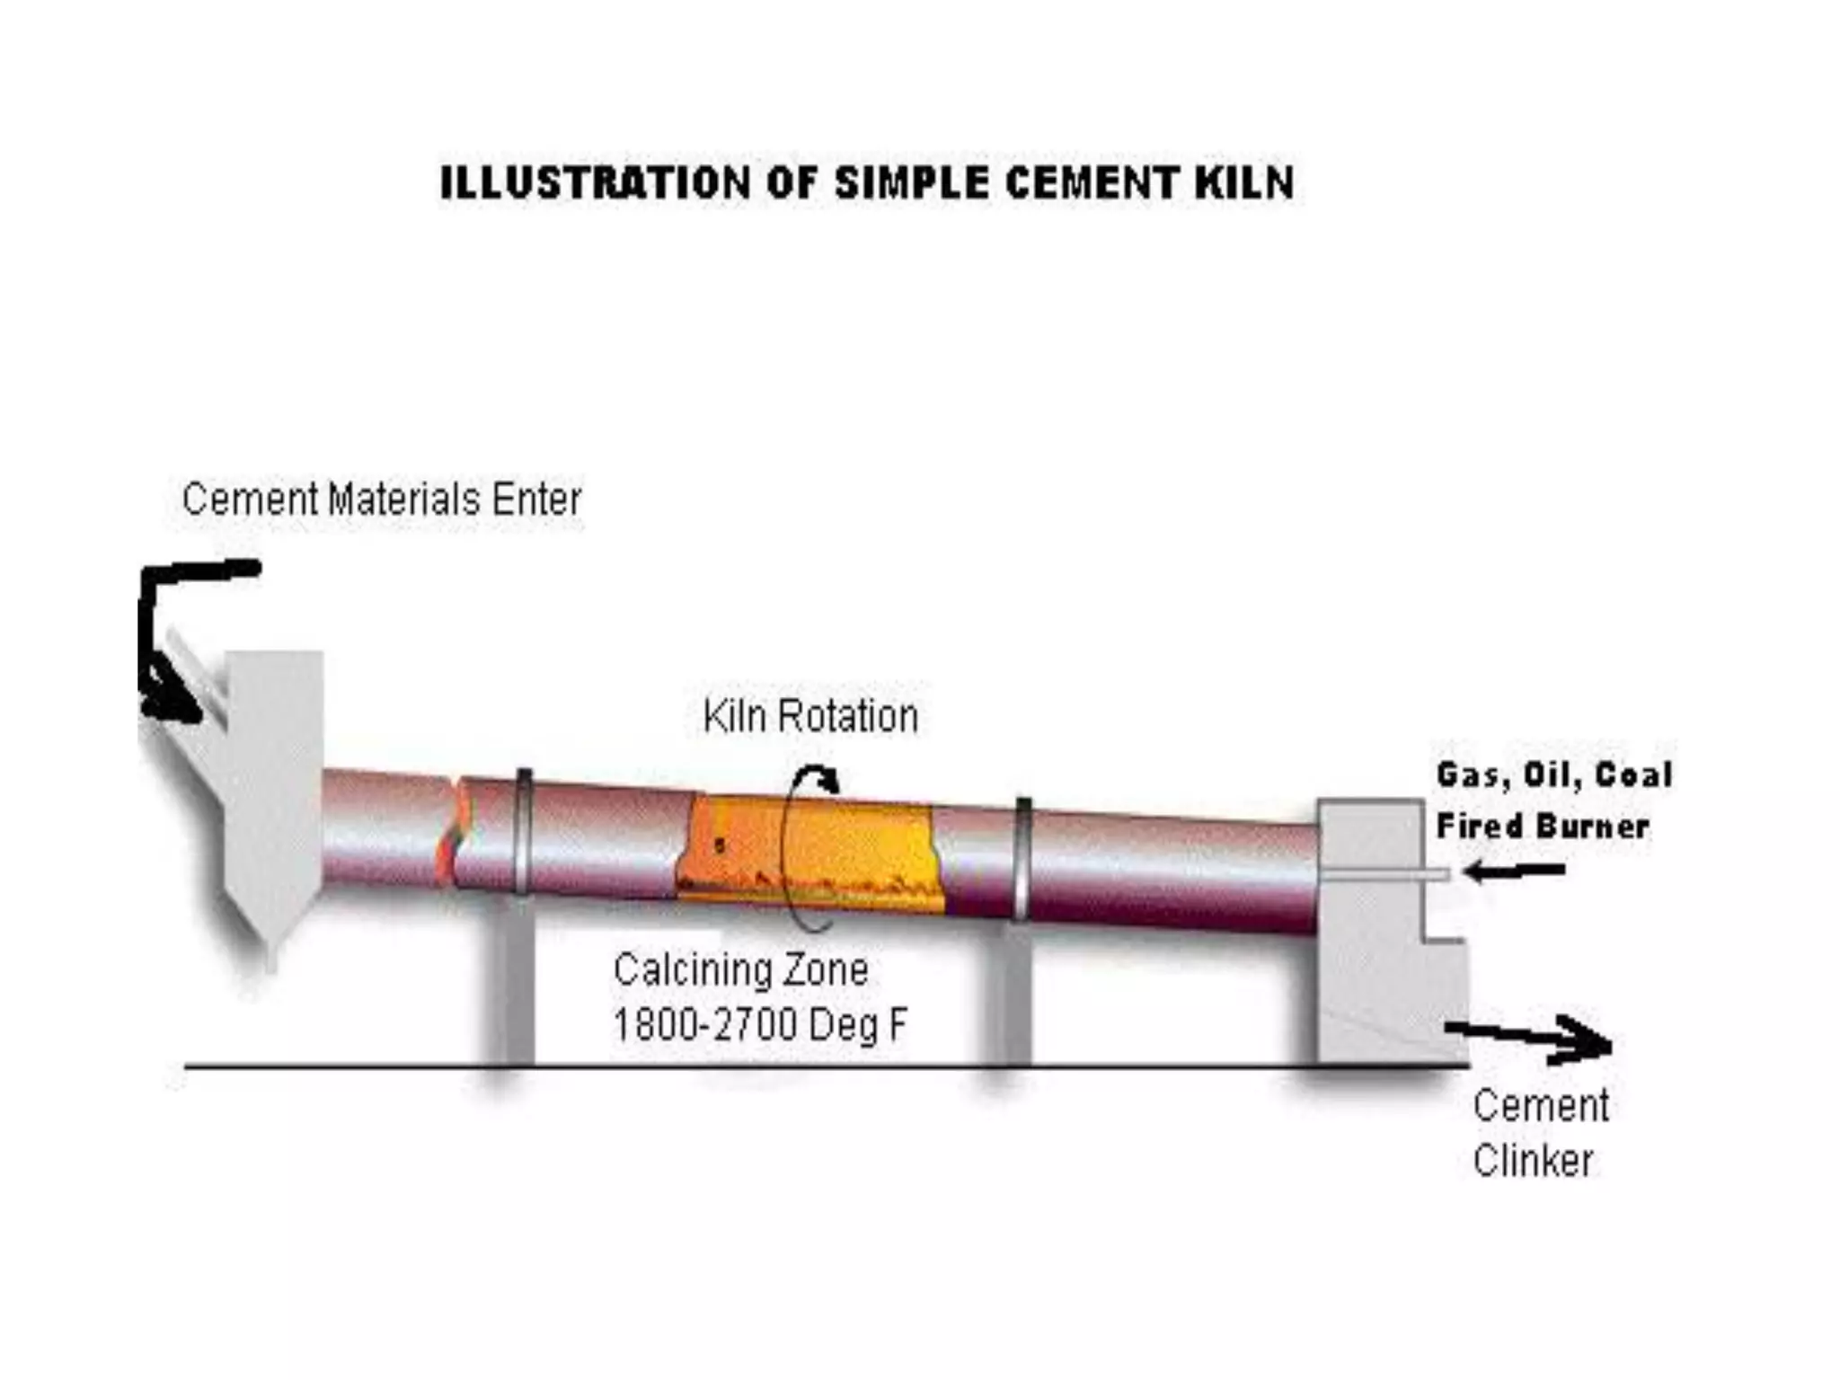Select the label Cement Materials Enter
(382, 500)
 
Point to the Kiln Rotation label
(810, 717)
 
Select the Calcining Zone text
(741, 970)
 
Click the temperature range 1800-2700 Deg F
(760, 1024)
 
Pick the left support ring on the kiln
(523, 831)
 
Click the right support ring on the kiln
(1022, 858)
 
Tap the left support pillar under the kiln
(515, 984)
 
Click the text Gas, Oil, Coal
(1554, 774)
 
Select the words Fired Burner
(1543, 827)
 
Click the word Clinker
(1533, 1161)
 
